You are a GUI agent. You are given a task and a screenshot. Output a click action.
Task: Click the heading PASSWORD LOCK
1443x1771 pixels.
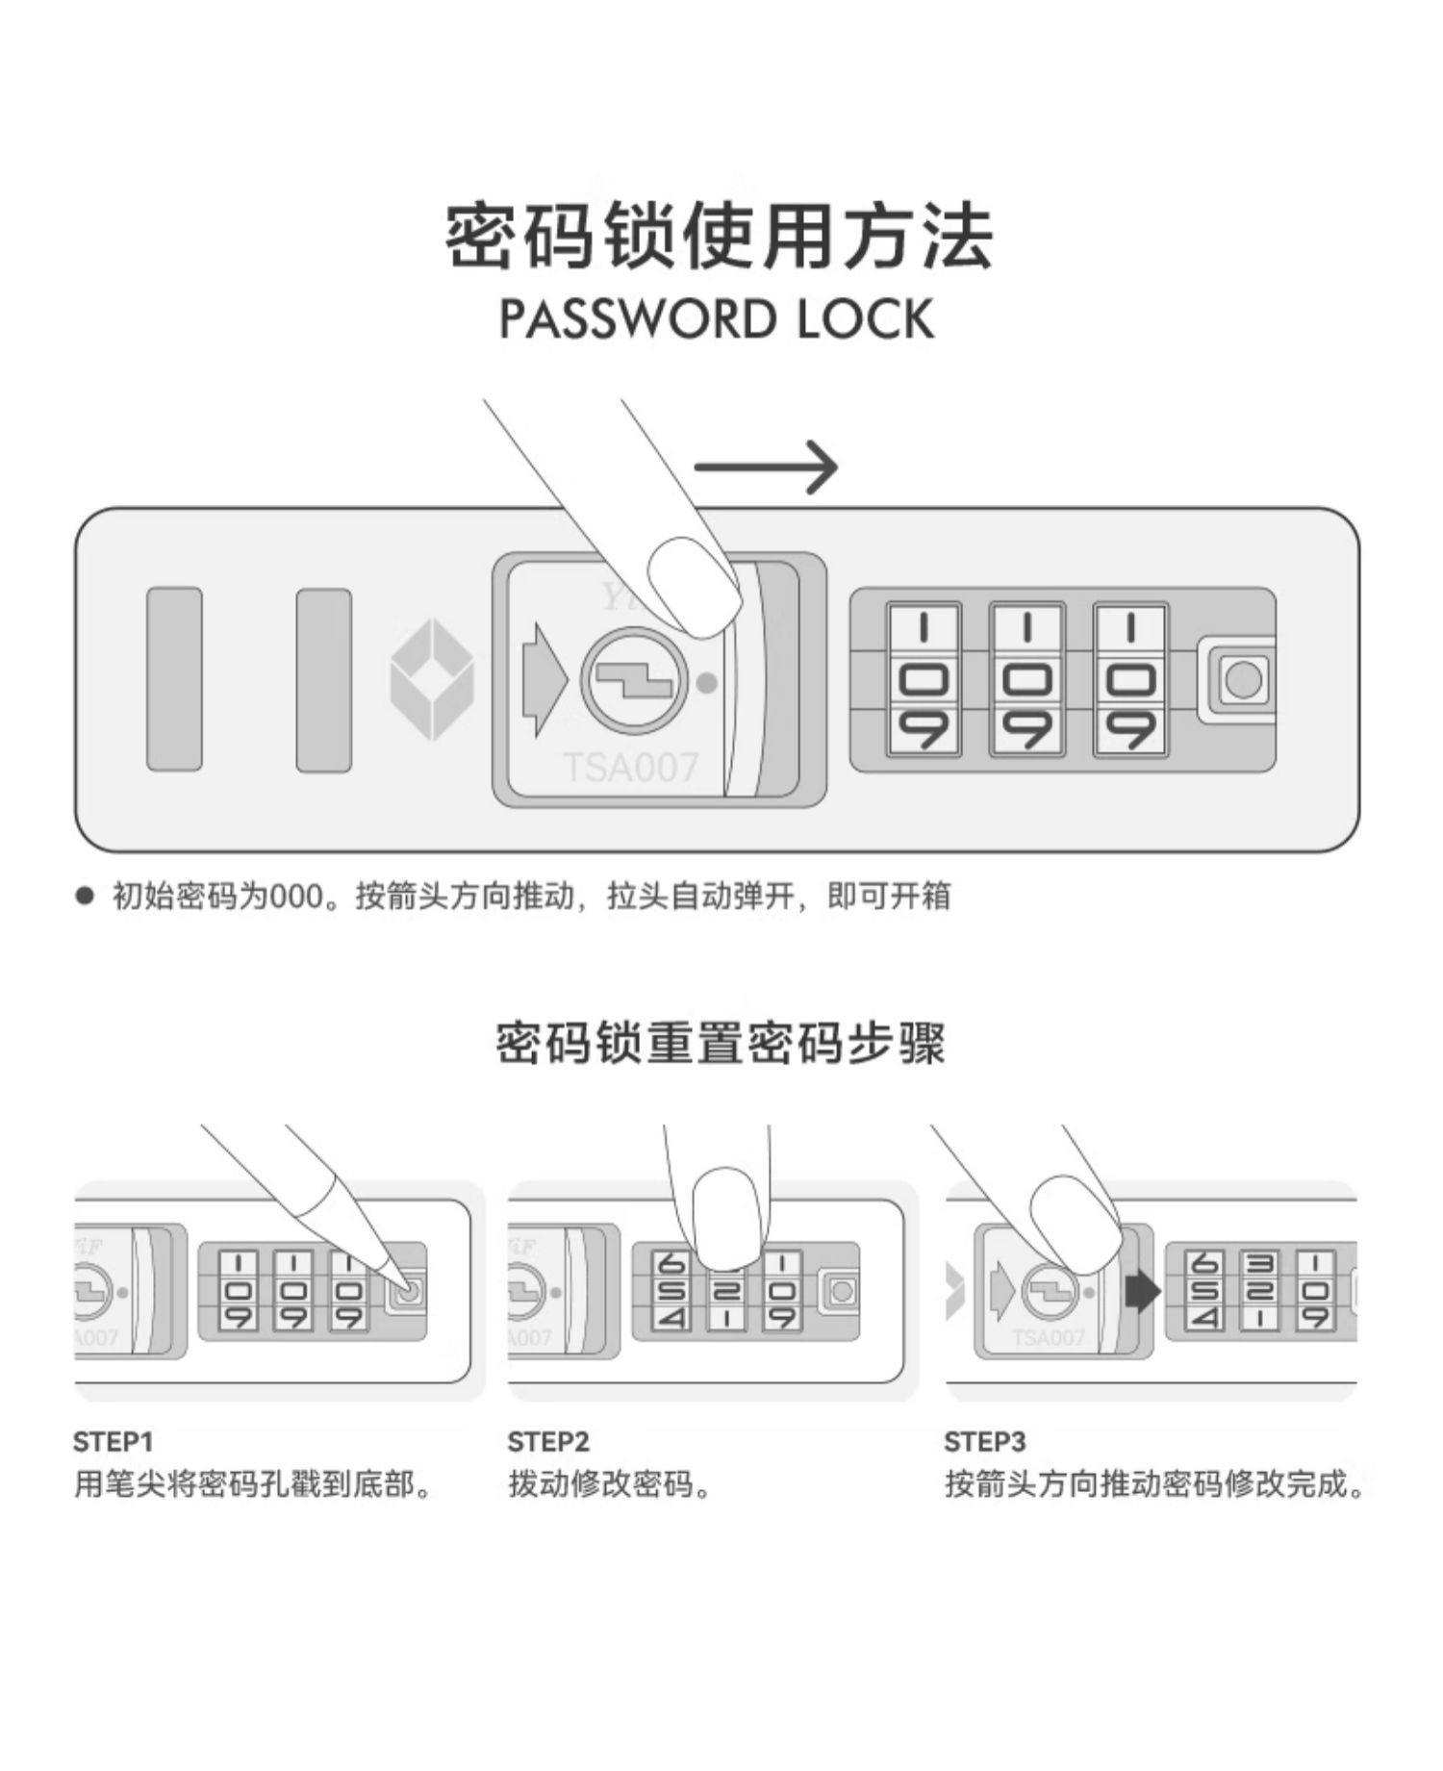[718, 319]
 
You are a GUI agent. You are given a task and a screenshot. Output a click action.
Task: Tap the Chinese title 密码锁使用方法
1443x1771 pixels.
[719, 236]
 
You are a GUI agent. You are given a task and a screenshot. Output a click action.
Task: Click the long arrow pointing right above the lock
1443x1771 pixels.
[766, 468]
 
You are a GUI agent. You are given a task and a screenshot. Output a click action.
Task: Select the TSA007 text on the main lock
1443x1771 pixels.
[630, 768]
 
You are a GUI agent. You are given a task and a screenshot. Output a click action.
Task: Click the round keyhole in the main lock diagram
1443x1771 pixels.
[634, 681]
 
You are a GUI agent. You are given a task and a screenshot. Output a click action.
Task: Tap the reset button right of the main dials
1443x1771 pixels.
[1242, 680]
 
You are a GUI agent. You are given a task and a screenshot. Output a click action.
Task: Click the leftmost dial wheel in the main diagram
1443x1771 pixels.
[924, 680]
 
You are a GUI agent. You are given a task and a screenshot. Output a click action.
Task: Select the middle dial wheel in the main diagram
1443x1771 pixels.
[1027, 680]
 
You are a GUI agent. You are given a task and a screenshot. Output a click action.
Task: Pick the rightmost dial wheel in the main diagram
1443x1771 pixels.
[1131, 680]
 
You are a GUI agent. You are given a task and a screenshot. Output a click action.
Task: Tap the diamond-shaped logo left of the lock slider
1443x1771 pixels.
[432, 680]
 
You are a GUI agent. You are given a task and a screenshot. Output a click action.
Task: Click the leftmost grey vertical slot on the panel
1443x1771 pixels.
[174, 679]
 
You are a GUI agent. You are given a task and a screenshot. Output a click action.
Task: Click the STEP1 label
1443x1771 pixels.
[113, 1442]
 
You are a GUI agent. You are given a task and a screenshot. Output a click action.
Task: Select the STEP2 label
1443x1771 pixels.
[548, 1442]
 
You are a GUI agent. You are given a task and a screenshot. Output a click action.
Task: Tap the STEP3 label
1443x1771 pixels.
[985, 1442]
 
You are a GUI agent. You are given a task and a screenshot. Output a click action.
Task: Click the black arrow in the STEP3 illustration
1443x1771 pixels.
[1142, 1291]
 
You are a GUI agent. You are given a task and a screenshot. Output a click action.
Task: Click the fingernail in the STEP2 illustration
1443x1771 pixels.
[728, 1217]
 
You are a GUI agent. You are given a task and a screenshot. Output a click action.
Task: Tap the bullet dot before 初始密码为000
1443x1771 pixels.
[86, 897]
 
